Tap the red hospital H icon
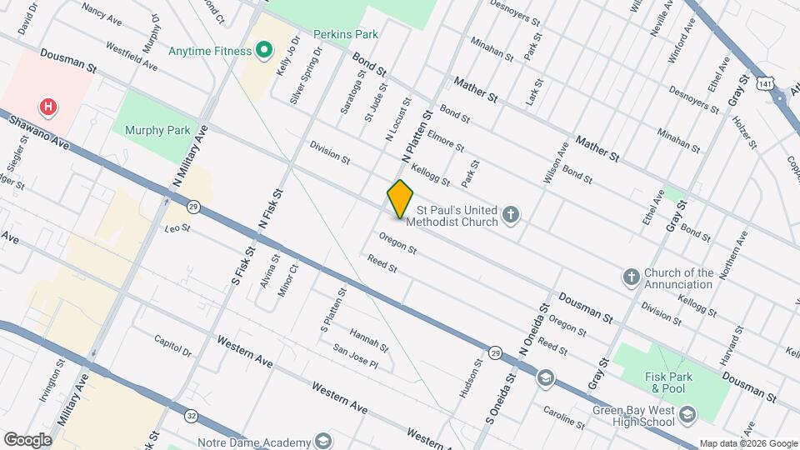(x=49, y=107)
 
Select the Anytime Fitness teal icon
(x=264, y=51)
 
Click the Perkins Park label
(x=346, y=34)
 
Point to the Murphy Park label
(x=157, y=130)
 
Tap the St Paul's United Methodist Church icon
(x=512, y=217)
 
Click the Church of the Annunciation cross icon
(x=632, y=276)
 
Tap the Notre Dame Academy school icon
(x=322, y=441)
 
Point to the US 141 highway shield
(x=765, y=83)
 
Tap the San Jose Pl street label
(x=356, y=358)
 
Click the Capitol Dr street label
(x=172, y=346)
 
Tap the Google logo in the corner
(x=27, y=439)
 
